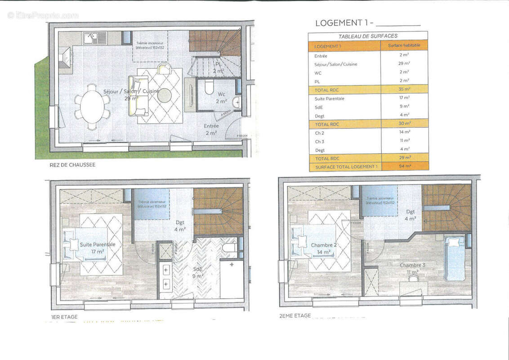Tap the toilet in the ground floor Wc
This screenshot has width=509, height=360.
click(209, 87)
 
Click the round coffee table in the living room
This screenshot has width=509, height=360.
click(164, 95)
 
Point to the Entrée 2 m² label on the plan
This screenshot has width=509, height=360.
click(211, 130)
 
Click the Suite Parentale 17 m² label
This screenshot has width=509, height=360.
click(98, 247)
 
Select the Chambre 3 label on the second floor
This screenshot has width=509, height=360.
click(412, 269)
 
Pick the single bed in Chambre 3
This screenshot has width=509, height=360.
click(455, 259)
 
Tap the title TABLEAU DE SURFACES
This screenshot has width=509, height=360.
click(367, 36)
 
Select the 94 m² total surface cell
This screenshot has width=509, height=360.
click(404, 166)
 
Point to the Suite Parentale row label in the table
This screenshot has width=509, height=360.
click(330, 98)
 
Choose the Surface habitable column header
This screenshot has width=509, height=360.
click(404, 46)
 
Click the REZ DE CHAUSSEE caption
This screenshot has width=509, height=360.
click(72, 165)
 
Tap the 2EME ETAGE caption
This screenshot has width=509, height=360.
click(295, 316)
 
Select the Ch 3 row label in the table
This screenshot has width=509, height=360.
click(319, 141)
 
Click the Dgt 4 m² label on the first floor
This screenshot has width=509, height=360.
click(180, 226)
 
